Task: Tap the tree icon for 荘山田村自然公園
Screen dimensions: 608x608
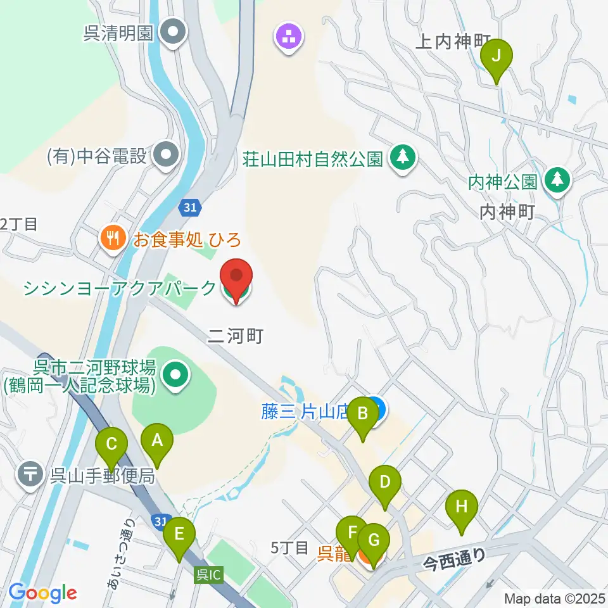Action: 402,156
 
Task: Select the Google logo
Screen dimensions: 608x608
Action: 42,592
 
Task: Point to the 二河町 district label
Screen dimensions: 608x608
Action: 234,335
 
